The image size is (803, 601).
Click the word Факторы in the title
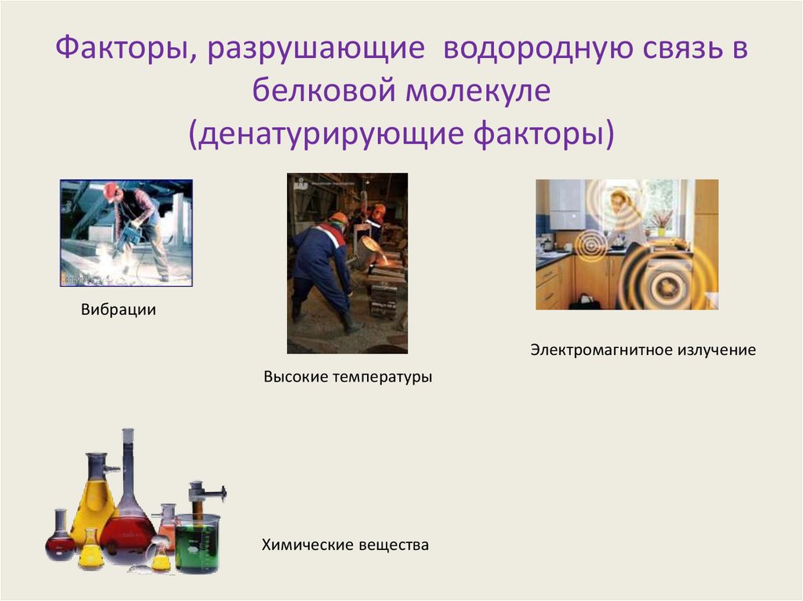(x=114, y=52)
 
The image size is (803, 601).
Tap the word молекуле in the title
(x=478, y=92)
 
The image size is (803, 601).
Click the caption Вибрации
(x=118, y=310)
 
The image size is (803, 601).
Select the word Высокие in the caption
(x=295, y=377)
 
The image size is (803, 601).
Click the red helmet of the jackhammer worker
(x=110, y=190)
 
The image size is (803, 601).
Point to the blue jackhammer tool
(x=129, y=234)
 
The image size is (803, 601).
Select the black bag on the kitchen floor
(x=584, y=301)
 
